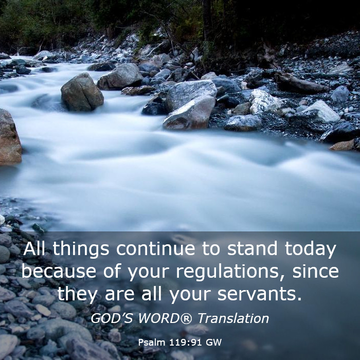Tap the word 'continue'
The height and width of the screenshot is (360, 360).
156,248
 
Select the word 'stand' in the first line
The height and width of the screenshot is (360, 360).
252,248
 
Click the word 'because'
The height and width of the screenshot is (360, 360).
59,271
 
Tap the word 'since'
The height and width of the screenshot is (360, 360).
316,271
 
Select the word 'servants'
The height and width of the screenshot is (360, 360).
259,294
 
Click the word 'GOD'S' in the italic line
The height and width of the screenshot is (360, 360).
112,318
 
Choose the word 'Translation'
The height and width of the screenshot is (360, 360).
233,318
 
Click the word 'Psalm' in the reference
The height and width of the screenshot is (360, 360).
152,343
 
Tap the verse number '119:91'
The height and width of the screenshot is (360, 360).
186,343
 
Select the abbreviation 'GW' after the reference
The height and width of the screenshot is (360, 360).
214,343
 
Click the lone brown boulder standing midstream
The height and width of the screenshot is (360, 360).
82,92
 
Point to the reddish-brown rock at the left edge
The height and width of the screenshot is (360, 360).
10,138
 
